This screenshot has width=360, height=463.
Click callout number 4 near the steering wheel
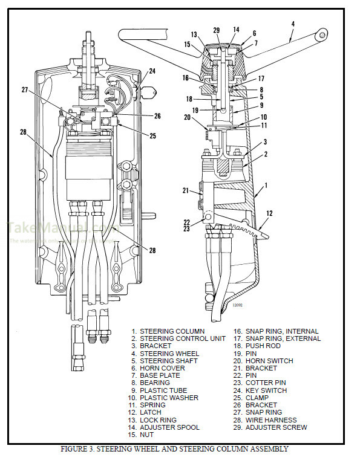293,24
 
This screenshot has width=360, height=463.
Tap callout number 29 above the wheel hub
217,29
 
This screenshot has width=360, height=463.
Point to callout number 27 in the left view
25,89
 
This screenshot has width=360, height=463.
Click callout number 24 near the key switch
152,71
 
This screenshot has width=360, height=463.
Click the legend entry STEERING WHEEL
169,354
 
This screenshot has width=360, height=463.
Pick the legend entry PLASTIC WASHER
169,398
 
